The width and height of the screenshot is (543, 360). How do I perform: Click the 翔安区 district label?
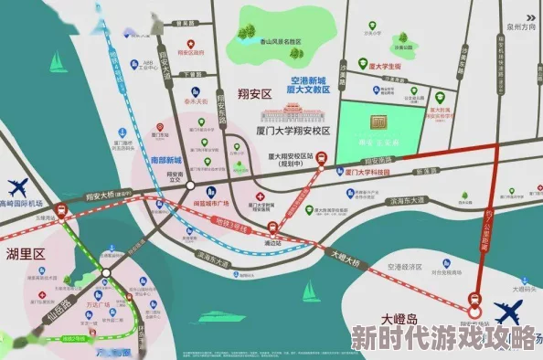255,94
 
